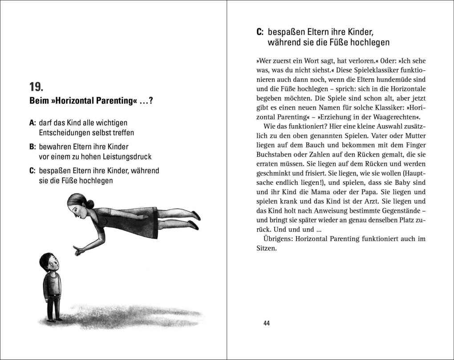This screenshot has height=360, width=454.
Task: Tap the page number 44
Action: (267, 323)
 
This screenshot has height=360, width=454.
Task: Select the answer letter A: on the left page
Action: (32, 123)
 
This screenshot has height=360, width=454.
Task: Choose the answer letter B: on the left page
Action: (32, 147)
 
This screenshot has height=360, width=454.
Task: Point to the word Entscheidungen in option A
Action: (62, 132)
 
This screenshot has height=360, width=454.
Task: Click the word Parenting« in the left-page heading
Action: (117, 101)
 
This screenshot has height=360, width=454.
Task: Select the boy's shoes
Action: (54, 319)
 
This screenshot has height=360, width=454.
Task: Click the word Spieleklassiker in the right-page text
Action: (362, 70)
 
